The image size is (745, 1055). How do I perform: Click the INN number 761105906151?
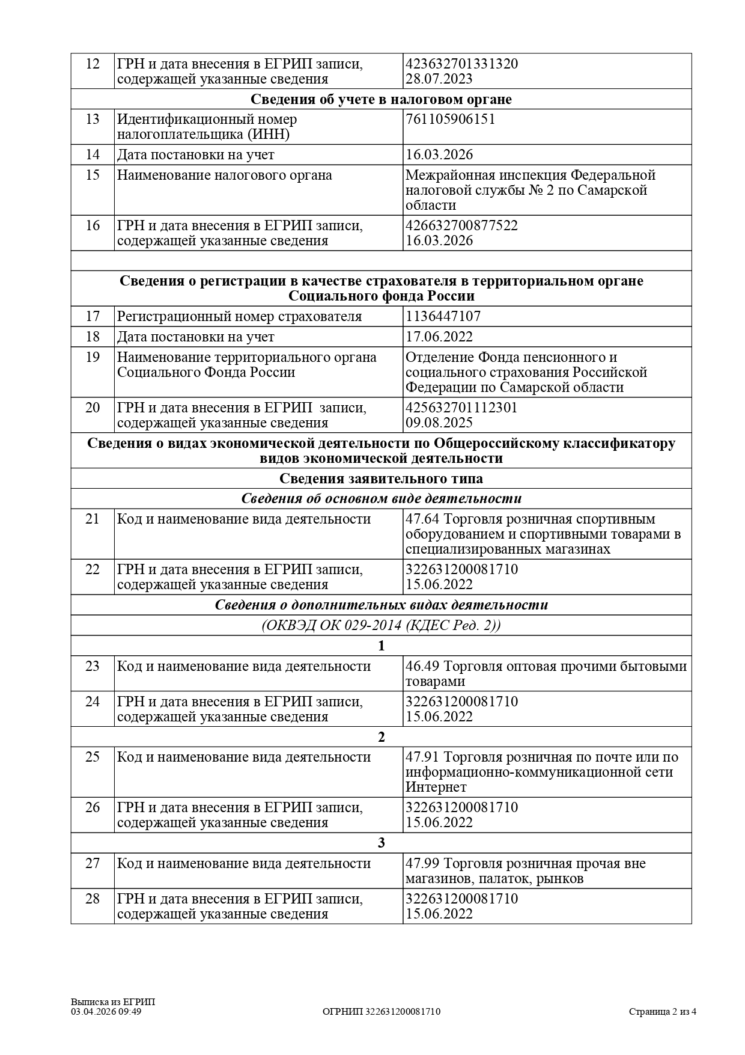[451, 119]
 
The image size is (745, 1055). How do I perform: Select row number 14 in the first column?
[93, 154]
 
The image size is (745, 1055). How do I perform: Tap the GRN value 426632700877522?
[461, 226]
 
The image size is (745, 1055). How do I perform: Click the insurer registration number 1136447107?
[443, 316]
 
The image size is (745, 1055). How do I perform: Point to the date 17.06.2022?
[439, 337]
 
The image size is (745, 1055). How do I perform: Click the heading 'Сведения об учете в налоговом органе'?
[381, 99]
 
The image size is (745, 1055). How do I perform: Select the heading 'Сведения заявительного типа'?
[381, 479]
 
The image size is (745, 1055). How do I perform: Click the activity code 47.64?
[423, 519]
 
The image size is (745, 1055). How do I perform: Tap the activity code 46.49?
[423, 666]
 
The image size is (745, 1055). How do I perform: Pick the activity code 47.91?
[423, 757]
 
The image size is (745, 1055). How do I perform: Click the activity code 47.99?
[423, 863]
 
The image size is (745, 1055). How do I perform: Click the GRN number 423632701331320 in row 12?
[461, 64]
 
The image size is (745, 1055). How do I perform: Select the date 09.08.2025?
[439, 423]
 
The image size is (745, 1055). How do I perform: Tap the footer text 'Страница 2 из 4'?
[663, 1012]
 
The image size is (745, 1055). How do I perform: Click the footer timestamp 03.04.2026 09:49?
[106, 1012]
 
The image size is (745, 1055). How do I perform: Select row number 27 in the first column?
[93, 863]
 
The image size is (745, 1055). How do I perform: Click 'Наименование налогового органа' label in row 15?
[224, 176]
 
